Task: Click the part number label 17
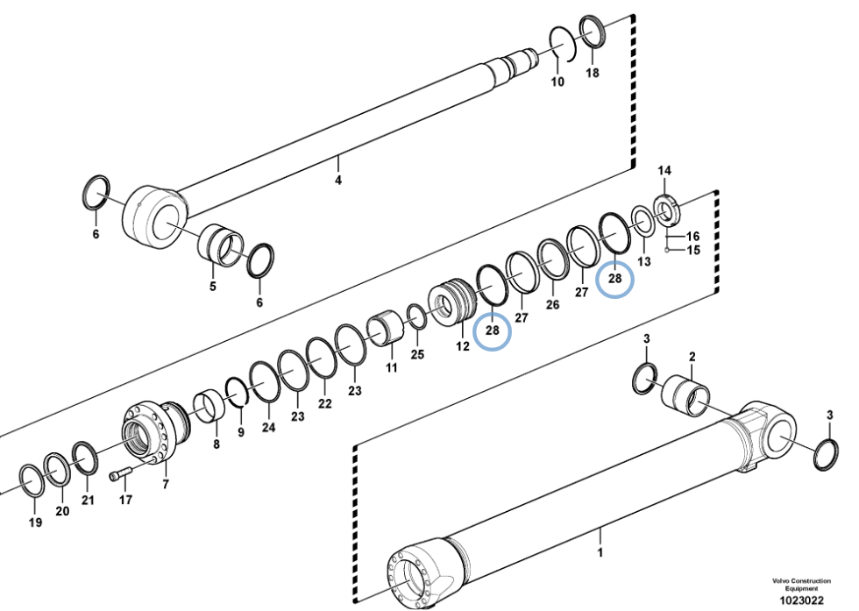pyautogui.click(x=125, y=500)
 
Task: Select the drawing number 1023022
pyautogui.click(x=801, y=600)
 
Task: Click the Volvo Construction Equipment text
pyautogui.click(x=801, y=584)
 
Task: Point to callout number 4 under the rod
pyautogui.click(x=338, y=180)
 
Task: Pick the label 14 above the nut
pyautogui.click(x=664, y=170)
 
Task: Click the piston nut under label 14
pyautogui.click(x=667, y=210)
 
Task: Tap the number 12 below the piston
pyautogui.click(x=463, y=346)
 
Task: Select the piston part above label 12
pyautogui.click(x=452, y=303)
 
